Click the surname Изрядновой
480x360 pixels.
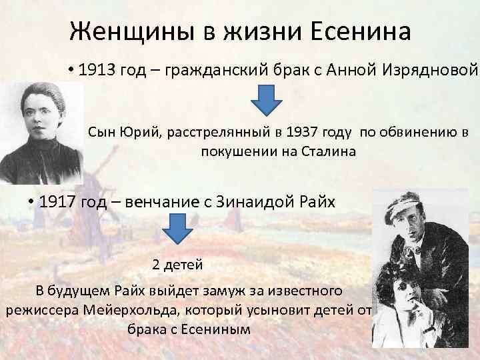click(x=435, y=71)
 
